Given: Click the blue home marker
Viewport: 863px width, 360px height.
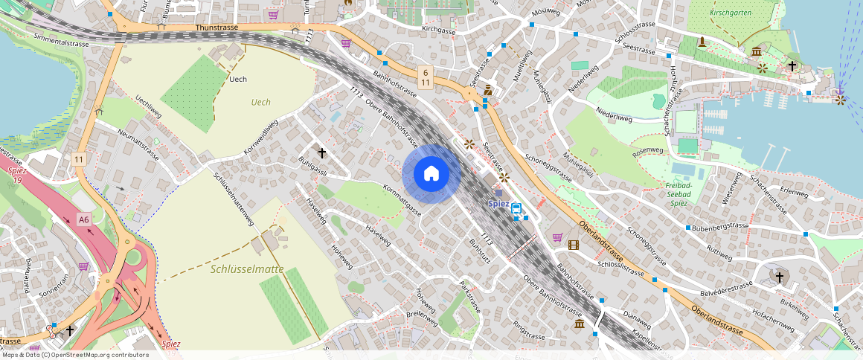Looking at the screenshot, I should [x=431, y=174].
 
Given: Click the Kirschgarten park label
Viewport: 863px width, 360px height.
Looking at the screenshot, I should [x=731, y=13].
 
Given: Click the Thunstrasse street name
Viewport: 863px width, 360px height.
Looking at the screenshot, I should [x=216, y=27].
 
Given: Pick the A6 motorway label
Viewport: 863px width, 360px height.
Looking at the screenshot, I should [x=84, y=219].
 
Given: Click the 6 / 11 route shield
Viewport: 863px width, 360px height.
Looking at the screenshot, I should [x=424, y=77].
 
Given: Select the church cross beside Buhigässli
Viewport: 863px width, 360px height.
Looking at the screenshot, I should [x=322, y=153].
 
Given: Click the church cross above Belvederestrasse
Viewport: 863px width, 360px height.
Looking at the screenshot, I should [x=780, y=277].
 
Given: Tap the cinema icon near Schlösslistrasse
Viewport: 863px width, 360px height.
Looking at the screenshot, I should [x=573, y=245].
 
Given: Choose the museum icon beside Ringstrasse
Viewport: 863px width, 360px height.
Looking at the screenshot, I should [x=579, y=325].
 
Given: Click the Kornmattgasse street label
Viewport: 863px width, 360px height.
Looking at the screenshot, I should [x=402, y=200].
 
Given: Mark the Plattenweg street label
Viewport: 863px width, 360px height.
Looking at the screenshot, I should [x=27, y=275].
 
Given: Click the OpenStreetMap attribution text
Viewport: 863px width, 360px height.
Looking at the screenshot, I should [x=74, y=355].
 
